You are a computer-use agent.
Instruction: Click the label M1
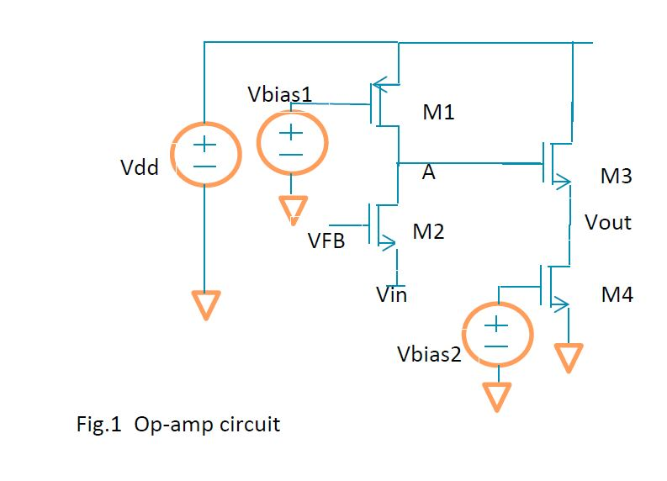coord(438,112)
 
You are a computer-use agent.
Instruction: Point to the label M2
coord(428,231)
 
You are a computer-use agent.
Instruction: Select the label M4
coord(617,294)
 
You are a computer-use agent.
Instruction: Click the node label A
coord(429,173)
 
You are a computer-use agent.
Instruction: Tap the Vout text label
coord(608,222)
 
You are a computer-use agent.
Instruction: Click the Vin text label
coord(391,294)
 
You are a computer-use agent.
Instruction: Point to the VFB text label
coord(325,242)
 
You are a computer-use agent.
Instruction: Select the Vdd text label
coord(140,168)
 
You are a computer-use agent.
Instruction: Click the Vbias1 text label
coord(280,94)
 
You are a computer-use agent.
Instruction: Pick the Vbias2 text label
coord(429,354)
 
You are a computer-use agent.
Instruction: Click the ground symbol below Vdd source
coord(204,304)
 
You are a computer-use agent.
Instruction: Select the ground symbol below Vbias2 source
coord(497,396)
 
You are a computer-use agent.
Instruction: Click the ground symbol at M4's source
coord(569,357)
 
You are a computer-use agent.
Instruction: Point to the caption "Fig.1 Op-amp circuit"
coord(178,424)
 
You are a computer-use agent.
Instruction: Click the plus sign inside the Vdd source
coord(204,146)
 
